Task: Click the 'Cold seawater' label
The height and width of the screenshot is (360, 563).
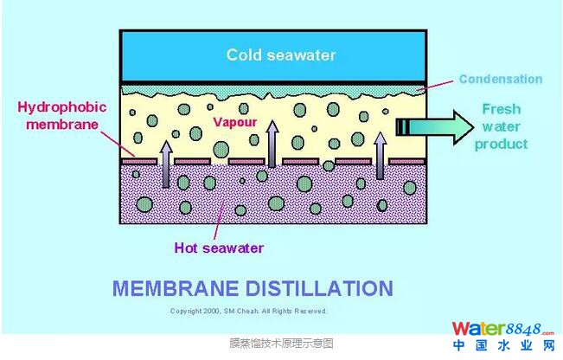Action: pyautogui.click(x=280, y=55)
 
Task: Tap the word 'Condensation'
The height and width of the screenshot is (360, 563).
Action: pyautogui.click(x=500, y=79)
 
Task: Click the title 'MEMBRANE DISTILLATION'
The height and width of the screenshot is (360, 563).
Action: pyautogui.click(x=253, y=287)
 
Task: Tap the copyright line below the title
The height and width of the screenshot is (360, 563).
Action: pyautogui.click(x=249, y=311)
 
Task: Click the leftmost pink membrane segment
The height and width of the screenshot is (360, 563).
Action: pyautogui.click(x=138, y=161)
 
